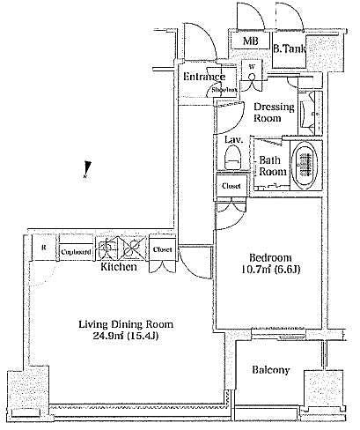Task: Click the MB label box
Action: click(251, 41)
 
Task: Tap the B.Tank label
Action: click(289, 49)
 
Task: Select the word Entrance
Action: click(204, 77)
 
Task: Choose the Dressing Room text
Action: click(274, 112)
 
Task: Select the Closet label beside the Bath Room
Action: click(231, 187)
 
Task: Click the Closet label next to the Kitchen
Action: click(162, 250)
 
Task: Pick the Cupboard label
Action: click(76, 250)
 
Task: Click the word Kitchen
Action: click(118, 266)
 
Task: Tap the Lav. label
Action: click(233, 140)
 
